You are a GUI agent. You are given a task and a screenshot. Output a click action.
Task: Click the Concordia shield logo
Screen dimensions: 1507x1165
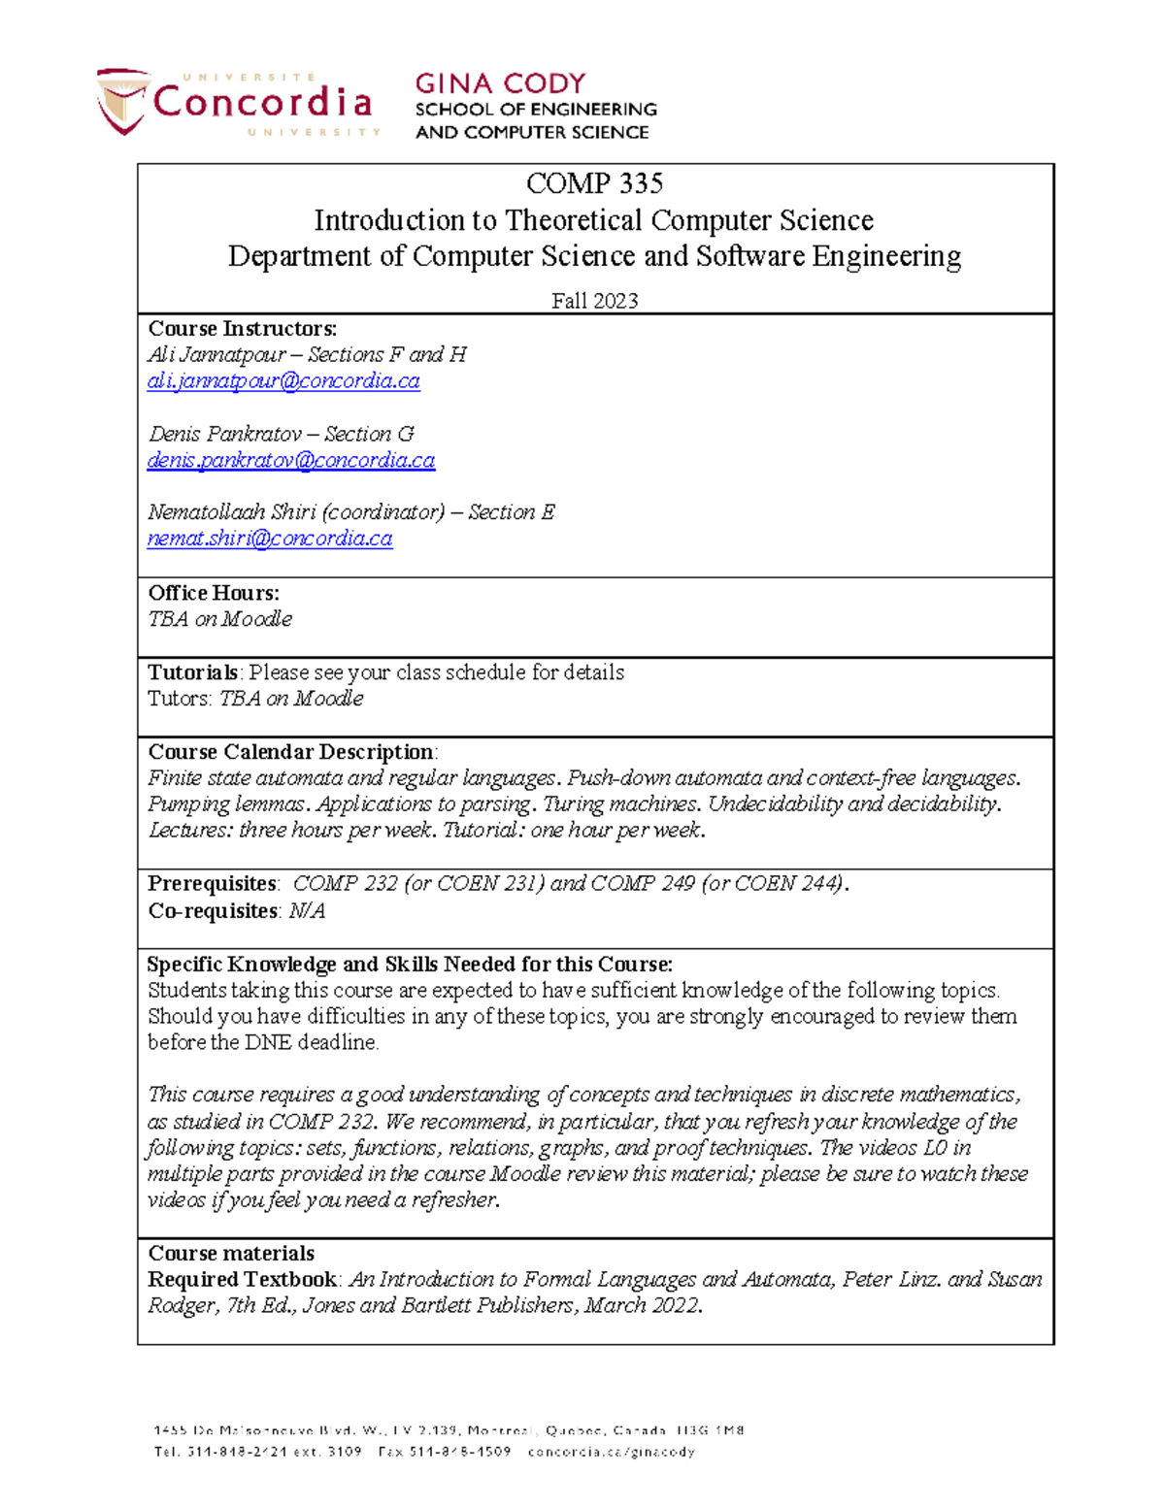(x=121, y=100)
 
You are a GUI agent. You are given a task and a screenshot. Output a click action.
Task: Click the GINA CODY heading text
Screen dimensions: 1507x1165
(x=500, y=83)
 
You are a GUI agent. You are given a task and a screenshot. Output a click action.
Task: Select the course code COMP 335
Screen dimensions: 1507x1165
(x=594, y=183)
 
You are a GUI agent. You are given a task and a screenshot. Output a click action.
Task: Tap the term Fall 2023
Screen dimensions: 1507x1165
(x=594, y=301)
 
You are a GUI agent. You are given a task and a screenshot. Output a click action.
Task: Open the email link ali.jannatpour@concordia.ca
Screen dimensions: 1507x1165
(x=283, y=381)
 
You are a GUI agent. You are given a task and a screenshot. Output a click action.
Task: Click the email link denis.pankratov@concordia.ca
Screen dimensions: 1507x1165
(x=290, y=461)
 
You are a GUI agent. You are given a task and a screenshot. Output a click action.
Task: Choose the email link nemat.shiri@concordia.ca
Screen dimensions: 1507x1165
(x=270, y=539)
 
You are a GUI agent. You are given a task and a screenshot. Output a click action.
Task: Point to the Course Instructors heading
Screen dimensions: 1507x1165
(x=242, y=329)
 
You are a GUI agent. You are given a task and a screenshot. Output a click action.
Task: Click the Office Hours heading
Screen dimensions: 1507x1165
(x=214, y=593)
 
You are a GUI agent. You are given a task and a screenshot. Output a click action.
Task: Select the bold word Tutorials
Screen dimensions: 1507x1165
(x=192, y=672)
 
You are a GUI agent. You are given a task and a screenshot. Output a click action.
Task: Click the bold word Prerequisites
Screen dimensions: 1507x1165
(x=212, y=884)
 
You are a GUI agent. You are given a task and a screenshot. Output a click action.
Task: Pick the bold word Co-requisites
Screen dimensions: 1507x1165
(x=213, y=911)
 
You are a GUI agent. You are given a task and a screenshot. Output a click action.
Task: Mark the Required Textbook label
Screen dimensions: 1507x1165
(x=242, y=1280)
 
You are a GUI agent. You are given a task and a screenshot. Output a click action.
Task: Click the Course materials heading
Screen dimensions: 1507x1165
(x=231, y=1254)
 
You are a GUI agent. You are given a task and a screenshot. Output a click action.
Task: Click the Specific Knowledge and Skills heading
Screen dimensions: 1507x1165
(x=409, y=965)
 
